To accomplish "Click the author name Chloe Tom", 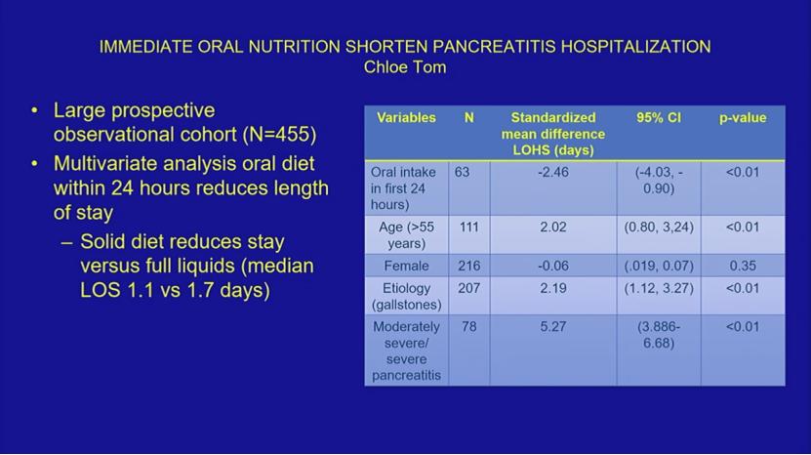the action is click(x=405, y=67).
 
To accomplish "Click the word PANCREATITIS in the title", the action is click(x=494, y=47).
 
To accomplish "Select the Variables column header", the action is click(x=406, y=117).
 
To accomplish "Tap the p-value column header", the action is click(x=743, y=118).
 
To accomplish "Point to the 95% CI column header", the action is click(x=659, y=117).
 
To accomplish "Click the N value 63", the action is click(x=462, y=172).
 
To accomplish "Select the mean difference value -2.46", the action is click(x=553, y=172).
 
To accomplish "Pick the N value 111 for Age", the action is click(x=468, y=227).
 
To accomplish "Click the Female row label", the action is click(x=406, y=266).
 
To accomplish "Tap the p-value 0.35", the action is click(x=743, y=266).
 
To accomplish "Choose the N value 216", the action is click(x=468, y=266).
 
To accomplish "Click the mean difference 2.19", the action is click(x=553, y=288).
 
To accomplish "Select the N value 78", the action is click(x=468, y=327).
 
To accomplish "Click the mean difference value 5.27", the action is click(x=553, y=327).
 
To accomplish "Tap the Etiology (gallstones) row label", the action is click(x=407, y=296).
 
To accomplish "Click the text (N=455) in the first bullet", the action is click(x=279, y=135).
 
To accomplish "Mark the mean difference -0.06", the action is click(x=553, y=266).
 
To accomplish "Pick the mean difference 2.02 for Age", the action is click(x=553, y=227).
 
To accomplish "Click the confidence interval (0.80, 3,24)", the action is click(x=659, y=227).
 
